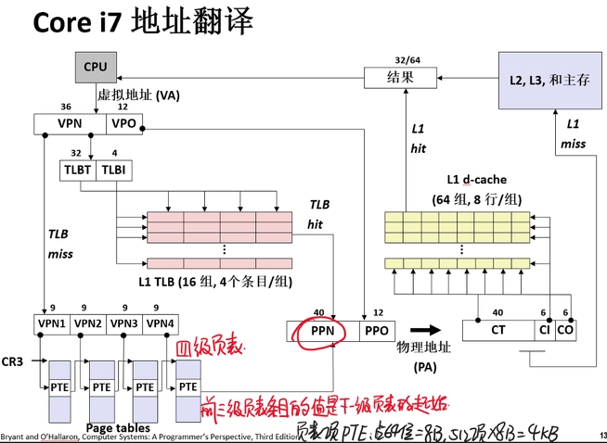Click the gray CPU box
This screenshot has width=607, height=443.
tap(95, 66)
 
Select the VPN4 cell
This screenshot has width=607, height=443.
tap(160, 323)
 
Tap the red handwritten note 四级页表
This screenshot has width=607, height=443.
tap(211, 348)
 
